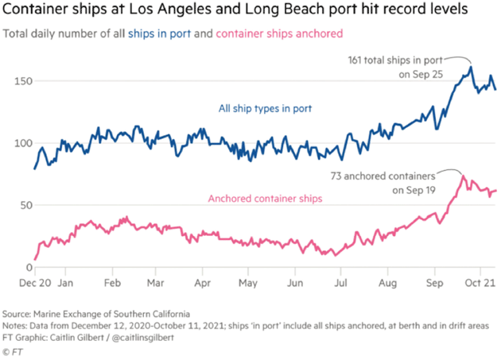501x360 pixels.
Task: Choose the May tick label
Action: tap(250, 281)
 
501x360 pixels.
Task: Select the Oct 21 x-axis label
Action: tap(480, 281)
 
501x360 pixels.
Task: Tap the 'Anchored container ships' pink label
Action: tap(265, 199)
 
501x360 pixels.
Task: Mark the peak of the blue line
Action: tap(471, 68)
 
